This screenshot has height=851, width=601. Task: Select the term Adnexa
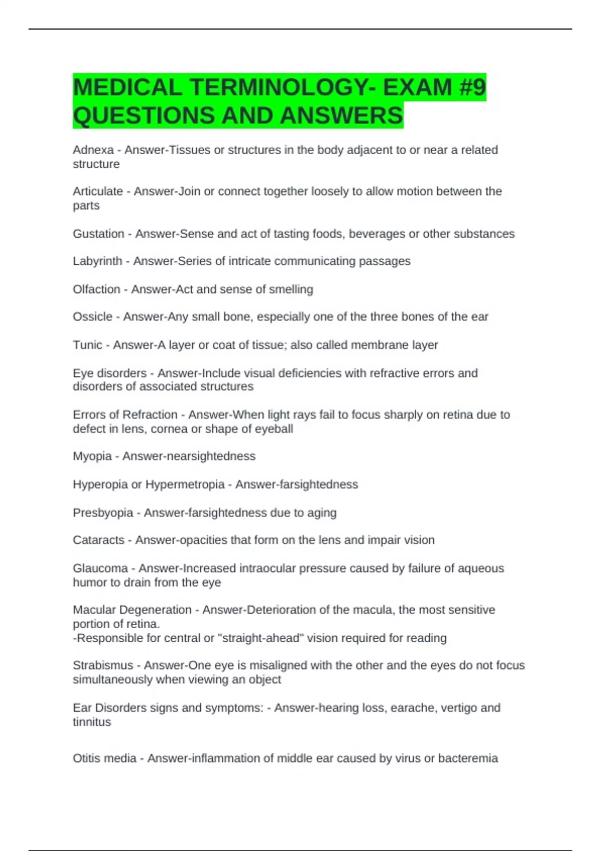coord(93,150)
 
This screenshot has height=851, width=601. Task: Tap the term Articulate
coord(98,191)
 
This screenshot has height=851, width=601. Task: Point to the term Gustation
coord(98,234)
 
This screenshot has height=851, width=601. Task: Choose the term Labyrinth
coord(97,261)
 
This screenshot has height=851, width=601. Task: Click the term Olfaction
coord(96,289)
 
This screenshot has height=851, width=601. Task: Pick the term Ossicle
coord(92,317)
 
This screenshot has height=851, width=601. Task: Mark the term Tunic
coord(87,345)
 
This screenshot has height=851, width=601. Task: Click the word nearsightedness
coord(214,456)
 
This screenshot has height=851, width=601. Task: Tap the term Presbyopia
coord(103,513)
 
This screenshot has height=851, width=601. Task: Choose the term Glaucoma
coord(100,569)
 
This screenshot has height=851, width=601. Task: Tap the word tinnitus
coord(92,722)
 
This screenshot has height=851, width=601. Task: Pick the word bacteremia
coord(468,758)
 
